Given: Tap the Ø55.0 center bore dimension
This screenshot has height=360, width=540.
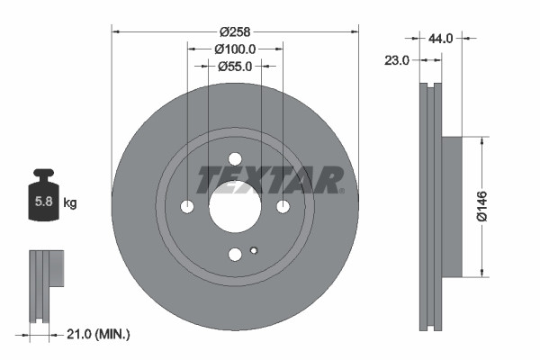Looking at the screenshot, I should [235, 66].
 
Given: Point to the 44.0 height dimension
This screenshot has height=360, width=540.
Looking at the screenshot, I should [442, 39].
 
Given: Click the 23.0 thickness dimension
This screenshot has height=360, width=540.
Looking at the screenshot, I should [397, 60].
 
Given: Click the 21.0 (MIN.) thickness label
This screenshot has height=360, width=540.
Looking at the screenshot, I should [99, 334].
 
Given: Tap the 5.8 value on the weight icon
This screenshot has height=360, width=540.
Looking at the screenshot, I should [42, 202].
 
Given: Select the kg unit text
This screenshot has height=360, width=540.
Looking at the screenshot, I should [70, 203].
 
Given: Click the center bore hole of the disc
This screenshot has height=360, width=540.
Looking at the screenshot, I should [235, 206].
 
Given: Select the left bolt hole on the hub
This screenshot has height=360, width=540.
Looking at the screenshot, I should [187, 207].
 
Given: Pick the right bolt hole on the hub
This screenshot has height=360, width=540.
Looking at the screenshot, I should [283, 207].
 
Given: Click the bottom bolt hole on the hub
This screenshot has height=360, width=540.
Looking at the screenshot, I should [235, 255].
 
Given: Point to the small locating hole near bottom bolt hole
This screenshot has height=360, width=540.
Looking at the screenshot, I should [254, 250].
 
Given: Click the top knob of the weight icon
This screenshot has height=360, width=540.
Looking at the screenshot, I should [43, 173].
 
